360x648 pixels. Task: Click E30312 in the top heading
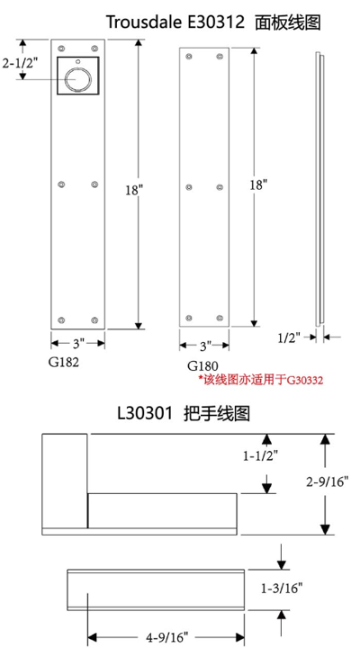click(214, 22)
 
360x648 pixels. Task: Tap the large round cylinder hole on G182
click(77, 77)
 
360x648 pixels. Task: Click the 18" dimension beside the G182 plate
click(135, 190)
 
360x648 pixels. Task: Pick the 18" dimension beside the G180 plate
click(258, 184)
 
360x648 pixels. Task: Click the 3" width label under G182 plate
click(78, 343)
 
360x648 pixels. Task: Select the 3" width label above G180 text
click(205, 345)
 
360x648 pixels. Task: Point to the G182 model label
click(63, 363)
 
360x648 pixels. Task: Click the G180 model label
click(202, 365)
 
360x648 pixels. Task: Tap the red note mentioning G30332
click(261, 380)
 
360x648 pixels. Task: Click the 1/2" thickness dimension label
click(289, 338)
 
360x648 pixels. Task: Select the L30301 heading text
click(184, 413)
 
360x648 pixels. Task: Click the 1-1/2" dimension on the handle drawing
click(261, 455)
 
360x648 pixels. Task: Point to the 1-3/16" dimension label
click(282, 589)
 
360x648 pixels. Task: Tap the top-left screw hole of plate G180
click(189, 56)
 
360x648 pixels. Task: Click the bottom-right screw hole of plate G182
click(94, 319)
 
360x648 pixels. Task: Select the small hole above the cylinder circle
click(77, 61)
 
